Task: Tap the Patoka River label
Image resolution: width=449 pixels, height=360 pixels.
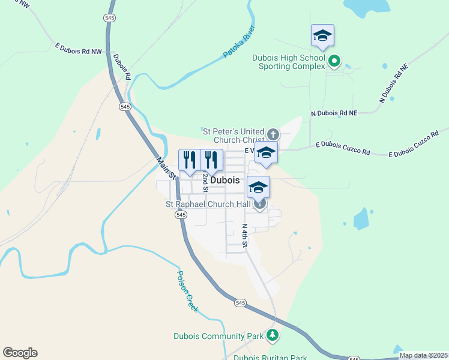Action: (240, 41)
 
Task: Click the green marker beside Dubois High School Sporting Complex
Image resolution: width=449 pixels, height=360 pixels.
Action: (335, 61)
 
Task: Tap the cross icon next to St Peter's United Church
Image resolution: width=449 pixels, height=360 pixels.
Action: (273, 134)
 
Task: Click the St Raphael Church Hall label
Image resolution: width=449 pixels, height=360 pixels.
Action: (208, 204)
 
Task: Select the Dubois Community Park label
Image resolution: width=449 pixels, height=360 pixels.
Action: (218, 336)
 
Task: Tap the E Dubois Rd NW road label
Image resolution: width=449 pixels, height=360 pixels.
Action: (79, 48)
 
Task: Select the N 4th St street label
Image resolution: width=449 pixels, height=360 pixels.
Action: (245, 236)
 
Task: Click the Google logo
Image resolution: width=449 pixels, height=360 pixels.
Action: (20, 353)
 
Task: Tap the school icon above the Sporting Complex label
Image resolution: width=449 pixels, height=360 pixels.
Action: (322, 36)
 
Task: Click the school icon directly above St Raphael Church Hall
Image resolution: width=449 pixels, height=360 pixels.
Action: (259, 187)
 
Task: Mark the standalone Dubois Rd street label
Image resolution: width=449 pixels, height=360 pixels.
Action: (122, 67)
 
